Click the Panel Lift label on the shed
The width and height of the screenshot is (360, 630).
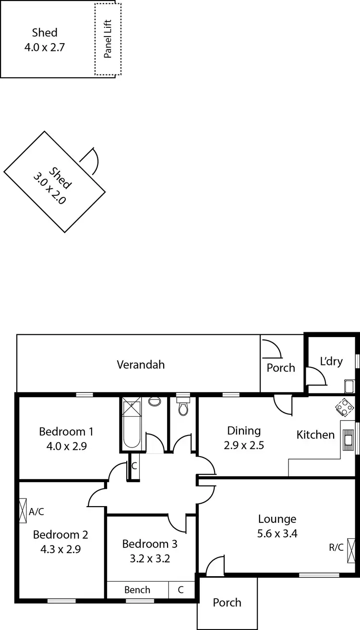(108, 39)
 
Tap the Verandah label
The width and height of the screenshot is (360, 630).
(141, 364)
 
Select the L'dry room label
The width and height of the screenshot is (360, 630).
(331, 361)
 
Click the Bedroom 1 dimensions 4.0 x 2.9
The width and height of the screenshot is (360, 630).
(66, 446)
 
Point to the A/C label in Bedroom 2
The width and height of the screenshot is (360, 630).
(36, 511)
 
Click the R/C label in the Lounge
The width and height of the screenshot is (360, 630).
(336, 547)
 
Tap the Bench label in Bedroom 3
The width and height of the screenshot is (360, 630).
(137, 590)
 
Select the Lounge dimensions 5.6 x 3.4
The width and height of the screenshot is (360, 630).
(277, 533)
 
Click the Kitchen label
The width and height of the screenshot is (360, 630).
(315, 435)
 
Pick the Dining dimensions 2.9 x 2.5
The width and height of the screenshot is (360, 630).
(244, 445)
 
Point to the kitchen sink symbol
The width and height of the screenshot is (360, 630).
(347, 438)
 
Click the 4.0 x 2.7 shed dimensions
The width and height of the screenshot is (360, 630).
(45, 47)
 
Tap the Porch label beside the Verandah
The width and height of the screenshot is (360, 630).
(281, 368)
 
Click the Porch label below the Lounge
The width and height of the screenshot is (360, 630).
(227, 602)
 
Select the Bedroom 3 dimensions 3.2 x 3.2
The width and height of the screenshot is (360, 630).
(150, 558)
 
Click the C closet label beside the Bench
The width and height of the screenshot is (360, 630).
(180, 590)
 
